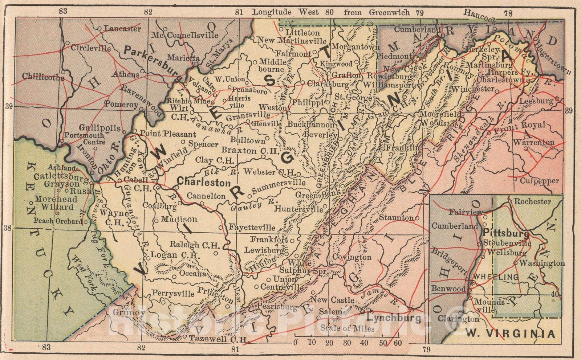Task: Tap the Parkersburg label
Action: (x=153, y=61)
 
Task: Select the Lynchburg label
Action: (x=393, y=319)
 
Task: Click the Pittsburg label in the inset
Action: (x=501, y=233)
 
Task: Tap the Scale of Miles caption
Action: (x=347, y=328)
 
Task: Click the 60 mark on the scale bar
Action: (x=397, y=343)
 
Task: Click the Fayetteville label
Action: (x=252, y=228)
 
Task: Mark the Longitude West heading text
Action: (x=286, y=12)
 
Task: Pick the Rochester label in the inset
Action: (x=532, y=201)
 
